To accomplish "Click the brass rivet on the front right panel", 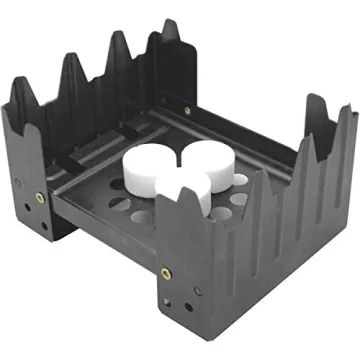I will click(x=167, y=271).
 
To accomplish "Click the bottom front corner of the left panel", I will click(x=49, y=241).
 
